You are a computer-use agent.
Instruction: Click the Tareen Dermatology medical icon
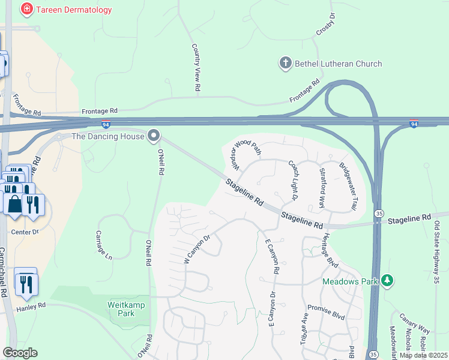(26, 10)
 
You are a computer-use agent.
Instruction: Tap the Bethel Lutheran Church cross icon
(285, 63)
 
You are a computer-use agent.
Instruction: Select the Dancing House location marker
(154, 136)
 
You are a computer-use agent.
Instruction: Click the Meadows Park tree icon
(388, 281)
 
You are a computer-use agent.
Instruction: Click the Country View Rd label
(196, 67)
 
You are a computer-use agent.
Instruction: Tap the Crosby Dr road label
(330, 28)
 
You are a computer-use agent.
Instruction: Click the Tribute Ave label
(304, 329)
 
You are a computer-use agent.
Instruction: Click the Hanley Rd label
(33, 305)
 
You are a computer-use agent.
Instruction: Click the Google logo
(20, 353)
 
